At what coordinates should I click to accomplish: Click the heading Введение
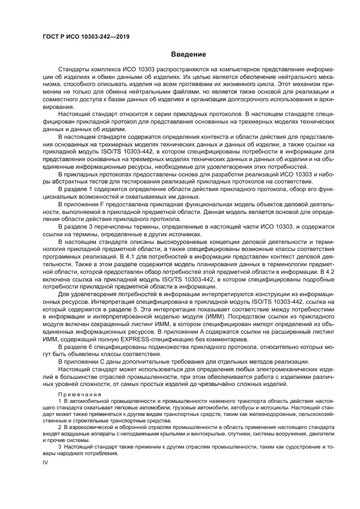click(188, 54)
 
